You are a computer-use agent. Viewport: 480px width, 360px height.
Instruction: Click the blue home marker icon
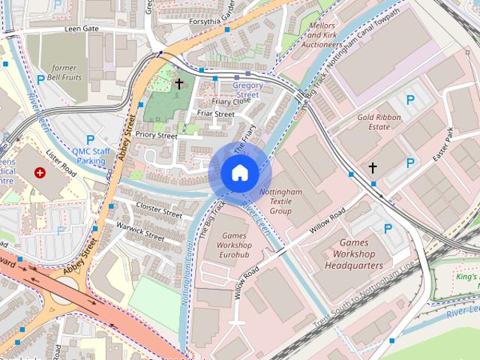(x=239, y=173)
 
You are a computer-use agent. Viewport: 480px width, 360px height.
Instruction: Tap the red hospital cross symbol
(x=40, y=172)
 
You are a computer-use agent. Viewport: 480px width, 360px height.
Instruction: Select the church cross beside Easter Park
(x=373, y=168)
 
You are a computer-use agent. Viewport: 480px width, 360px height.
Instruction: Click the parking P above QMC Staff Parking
(x=91, y=139)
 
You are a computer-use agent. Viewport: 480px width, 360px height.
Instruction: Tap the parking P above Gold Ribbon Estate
(x=409, y=100)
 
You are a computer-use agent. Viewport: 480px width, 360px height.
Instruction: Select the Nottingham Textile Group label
(x=280, y=202)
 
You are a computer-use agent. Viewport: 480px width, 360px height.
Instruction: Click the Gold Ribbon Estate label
(x=373, y=122)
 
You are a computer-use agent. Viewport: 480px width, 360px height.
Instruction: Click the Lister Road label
(x=61, y=160)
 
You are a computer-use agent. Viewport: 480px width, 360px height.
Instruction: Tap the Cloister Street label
(x=159, y=209)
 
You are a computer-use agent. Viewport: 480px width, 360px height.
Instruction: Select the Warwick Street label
(x=139, y=230)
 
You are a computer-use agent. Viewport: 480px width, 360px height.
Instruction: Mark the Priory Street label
(x=156, y=136)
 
